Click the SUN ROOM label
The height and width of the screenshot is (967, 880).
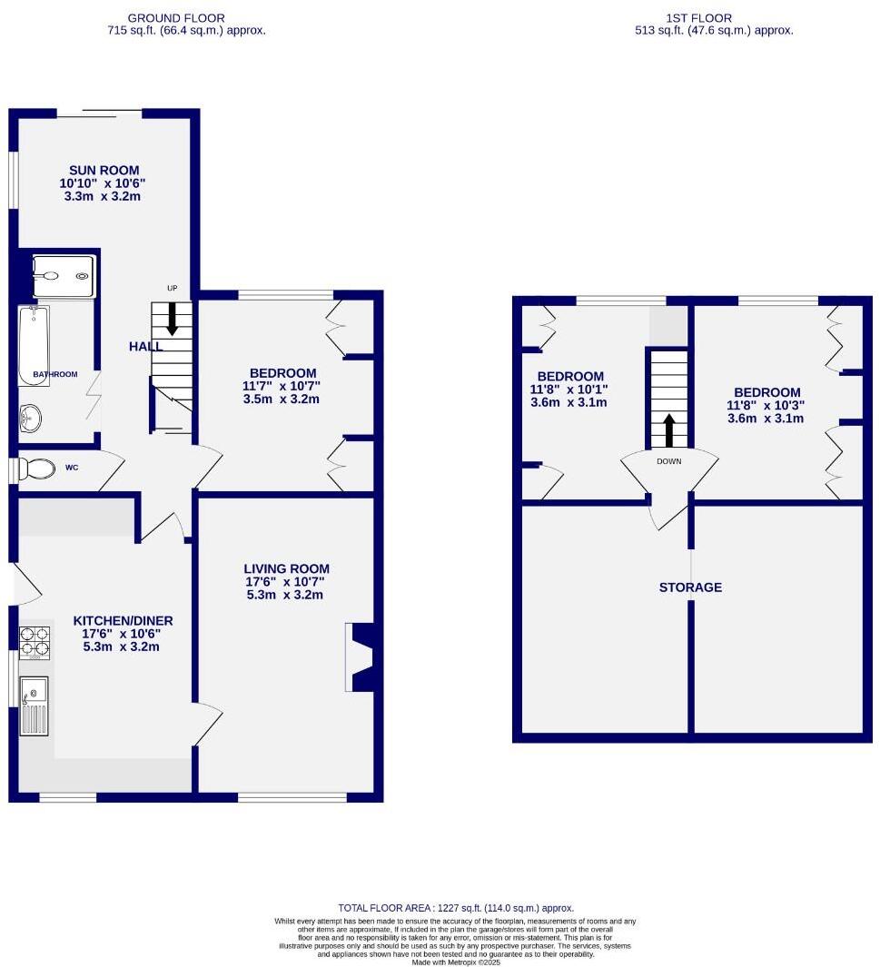(x=104, y=170)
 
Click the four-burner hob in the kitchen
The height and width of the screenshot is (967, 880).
(x=35, y=642)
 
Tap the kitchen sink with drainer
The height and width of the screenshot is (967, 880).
(x=35, y=706)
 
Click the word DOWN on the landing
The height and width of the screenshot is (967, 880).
(x=669, y=461)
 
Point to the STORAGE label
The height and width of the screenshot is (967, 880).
(x=690, y=587)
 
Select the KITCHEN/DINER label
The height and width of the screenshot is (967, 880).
(x=123, y=621)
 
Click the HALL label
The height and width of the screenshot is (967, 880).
(x=145, y=346)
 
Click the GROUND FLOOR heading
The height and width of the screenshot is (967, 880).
(x=176, y=17)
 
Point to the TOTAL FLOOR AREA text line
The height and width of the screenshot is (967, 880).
(x=456, y=908)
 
